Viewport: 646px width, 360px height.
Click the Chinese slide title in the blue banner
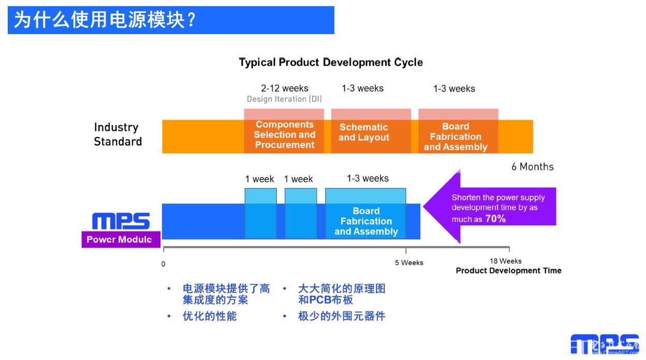105,20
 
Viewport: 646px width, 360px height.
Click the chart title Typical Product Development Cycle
331,62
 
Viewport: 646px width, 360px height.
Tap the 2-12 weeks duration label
284,88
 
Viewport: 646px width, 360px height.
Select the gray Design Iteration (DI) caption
284,99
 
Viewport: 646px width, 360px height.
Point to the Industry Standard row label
118,134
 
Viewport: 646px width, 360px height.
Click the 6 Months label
532,167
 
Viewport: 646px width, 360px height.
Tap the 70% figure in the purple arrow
495,219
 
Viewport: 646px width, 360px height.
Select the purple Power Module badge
121,239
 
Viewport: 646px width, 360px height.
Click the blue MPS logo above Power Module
121,221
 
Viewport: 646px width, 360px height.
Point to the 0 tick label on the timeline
163,264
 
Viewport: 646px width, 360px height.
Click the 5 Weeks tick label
409,263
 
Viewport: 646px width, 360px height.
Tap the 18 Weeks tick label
506,261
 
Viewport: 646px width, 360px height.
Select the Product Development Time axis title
508,270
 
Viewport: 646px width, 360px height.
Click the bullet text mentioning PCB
342,294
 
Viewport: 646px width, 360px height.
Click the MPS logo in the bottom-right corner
605,344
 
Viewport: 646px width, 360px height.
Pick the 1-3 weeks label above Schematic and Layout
362,88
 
